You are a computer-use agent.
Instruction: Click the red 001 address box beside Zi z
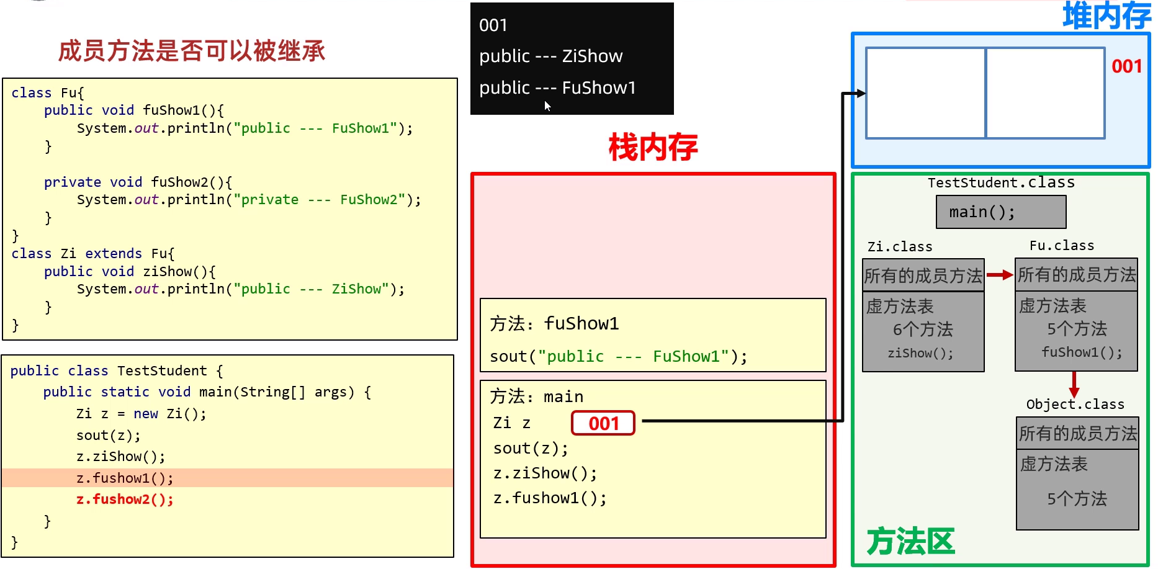pos(603,423)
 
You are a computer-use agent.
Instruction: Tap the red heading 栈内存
pos(653,148)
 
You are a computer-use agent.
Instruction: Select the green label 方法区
pos(910,542)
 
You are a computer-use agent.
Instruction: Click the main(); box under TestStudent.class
pos(1001,212)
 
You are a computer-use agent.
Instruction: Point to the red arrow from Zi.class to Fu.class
pos(999,275)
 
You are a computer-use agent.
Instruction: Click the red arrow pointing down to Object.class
pos(1074,384)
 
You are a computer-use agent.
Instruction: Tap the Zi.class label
pos(900,247)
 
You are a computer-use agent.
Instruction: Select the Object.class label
pos(1075,405)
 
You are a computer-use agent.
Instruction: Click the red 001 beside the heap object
pos(1126,66)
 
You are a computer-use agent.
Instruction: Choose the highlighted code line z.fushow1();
pos(125,478)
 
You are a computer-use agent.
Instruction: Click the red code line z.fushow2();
pos(125,500)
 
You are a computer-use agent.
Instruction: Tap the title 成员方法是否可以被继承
pos(192,51)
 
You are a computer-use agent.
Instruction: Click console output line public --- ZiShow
pos(550,56)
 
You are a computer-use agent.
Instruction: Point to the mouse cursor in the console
pos(547,105)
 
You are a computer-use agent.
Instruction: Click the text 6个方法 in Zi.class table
pos(923,329)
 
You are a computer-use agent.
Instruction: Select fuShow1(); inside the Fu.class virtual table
pos(1082,352)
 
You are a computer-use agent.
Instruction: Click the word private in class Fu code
pos(72,182)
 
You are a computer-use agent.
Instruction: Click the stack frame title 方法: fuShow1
pos(554,324)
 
